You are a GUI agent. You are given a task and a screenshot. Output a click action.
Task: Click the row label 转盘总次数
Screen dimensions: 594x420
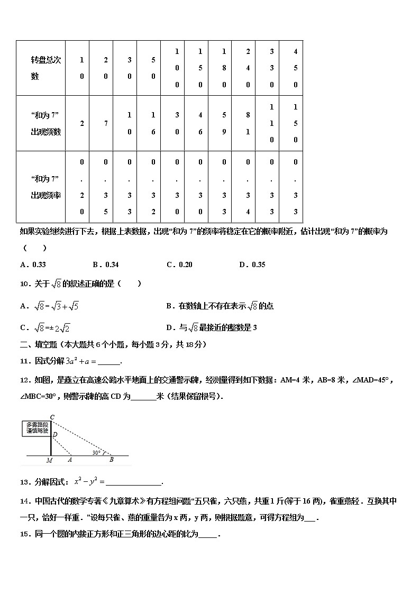pos(46,68)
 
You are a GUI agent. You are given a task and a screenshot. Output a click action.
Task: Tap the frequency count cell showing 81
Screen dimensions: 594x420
pos(248,123)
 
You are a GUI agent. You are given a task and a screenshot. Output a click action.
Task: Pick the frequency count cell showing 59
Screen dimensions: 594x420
pos(224,123)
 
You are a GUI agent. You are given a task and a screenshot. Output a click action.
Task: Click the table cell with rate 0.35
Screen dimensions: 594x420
pos(106,187)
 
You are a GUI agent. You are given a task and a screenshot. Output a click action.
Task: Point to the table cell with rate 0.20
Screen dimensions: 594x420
pos(82,187)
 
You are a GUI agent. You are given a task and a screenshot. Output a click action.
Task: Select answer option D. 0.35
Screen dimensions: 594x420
pos(251,265)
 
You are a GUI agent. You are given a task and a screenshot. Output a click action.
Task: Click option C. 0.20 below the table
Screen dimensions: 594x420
pos(179,265)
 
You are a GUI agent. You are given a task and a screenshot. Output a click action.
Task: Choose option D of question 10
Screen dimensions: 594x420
pos(211,328)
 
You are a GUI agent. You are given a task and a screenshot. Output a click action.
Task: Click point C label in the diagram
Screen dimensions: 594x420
pos(52,417)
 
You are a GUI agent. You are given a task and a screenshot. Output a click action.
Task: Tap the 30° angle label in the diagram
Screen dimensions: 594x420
pos(96,452)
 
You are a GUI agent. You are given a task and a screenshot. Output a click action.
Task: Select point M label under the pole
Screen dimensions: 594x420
pos(49,461)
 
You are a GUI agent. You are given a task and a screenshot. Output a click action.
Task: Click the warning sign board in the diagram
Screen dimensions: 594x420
pos(37,428)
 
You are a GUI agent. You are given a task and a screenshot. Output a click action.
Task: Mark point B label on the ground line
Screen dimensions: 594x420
pos(111,460)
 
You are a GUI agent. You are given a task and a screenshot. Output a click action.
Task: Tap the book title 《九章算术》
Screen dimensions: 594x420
pos(120,501)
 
